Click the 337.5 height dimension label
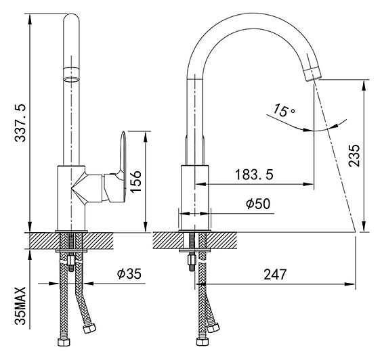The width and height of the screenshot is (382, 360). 20,123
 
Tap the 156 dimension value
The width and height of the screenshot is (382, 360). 135,181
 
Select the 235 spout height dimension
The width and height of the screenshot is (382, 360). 354,156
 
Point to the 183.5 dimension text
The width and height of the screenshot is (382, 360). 254,175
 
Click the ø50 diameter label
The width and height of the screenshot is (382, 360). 258,204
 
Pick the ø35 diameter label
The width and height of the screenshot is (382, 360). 129,273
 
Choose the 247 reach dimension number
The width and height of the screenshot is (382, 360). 275,274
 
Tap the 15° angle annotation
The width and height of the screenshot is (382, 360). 284,110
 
